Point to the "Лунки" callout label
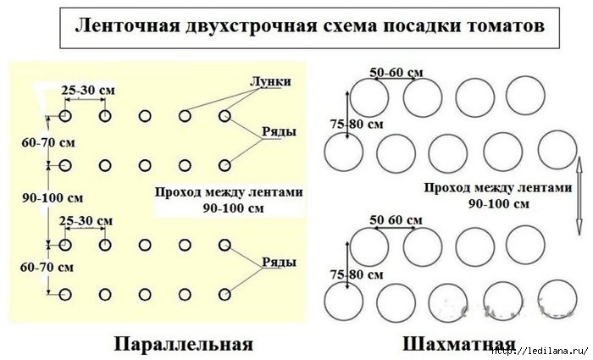point(271,81)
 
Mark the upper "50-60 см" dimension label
point(397,73)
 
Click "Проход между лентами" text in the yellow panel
point(229,191)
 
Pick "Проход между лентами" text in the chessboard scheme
point(499,189)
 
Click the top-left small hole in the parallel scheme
point(65,116)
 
